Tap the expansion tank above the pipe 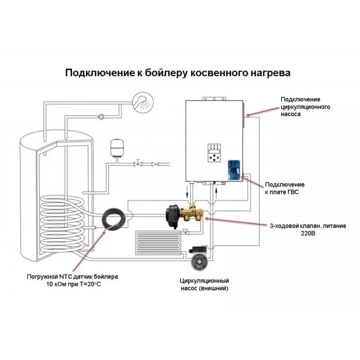pyautogui.click(x=117, y=148)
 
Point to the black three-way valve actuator pyautogui.click(x=173, y=212)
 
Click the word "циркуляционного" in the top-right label pyautogui.click(x=306, y=107)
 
